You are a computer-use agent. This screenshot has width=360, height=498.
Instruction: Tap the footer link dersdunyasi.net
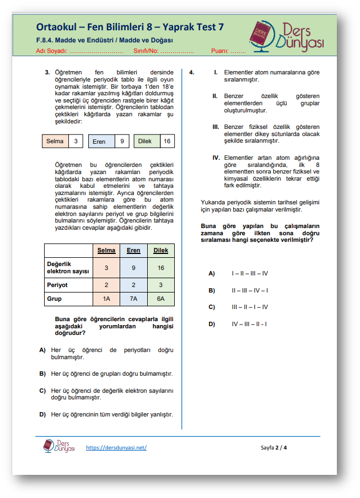116,447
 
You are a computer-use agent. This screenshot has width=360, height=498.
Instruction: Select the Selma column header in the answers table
106,251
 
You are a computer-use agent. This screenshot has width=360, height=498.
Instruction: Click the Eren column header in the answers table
133,251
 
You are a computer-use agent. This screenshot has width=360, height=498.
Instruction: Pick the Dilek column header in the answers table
160,251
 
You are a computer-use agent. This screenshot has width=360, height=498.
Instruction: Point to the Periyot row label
57,285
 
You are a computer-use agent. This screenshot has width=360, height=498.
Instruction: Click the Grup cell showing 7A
133,299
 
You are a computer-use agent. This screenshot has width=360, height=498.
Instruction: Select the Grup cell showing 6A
160,299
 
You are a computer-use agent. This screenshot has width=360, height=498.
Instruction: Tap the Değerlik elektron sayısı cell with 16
160,268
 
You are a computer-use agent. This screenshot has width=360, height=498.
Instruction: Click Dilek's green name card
145,142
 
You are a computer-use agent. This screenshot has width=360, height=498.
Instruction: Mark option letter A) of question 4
211,273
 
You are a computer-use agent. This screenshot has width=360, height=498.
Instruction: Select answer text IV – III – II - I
250,324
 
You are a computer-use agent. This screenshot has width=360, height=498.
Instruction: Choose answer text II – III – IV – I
250,290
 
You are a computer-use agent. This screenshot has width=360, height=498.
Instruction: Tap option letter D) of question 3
42,414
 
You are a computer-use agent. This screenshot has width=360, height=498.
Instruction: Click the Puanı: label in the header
220,51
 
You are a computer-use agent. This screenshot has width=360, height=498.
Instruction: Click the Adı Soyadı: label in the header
51,51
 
